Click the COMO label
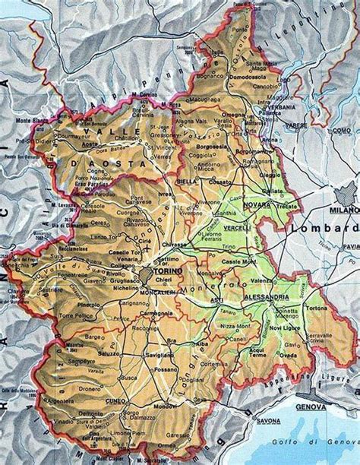[x=339, y=131]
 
